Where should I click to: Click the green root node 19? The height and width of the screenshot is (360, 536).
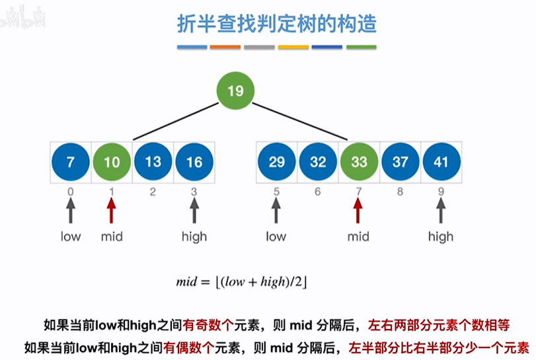[x=235, y=91]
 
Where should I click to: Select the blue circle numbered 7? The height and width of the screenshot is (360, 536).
[x=71, y=161]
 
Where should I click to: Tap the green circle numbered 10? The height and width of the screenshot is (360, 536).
[x=112, y=161]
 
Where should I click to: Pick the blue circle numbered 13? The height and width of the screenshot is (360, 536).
[x=153, y=161]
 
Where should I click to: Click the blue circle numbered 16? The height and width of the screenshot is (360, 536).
[x=194, y=161]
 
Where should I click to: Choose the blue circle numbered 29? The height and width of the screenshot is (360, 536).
[x=277, y=161]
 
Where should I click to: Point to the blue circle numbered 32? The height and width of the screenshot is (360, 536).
[x=318, y=161]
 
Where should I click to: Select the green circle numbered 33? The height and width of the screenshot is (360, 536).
[x=359, y=161]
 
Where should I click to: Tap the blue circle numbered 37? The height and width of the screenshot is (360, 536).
[x=400, y=161]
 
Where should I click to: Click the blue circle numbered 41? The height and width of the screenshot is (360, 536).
[x=441, y=161]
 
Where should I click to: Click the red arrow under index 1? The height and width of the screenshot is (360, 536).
[x=112, y=211]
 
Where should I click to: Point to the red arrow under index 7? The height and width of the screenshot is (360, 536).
[x=359, y=211]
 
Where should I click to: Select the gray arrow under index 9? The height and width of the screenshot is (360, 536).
[x=441, y=211]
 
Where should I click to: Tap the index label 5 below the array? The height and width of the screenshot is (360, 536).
[x=276, y=192]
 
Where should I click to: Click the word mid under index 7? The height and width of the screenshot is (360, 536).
[x=359, y=236]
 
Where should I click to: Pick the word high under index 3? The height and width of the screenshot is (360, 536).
[x=194, y=236]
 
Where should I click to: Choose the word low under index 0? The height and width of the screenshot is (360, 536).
[x=71, y=236]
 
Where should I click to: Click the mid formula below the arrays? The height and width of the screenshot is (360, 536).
[x=242, y=282]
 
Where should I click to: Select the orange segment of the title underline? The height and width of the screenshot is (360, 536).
[x=225, y=48]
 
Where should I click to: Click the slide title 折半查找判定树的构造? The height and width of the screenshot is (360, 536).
[x=277, y=24]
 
